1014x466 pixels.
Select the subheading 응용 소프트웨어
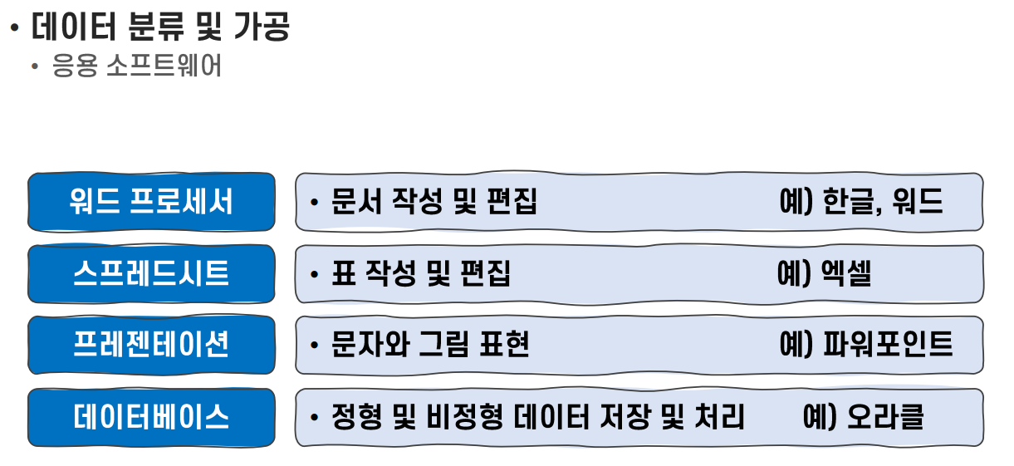pyautogui.click(x=137, y=66)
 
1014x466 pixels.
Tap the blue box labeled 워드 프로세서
pyautogui.click(x=151, y=202)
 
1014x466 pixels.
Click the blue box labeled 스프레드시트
pyautogui.click(x=151, y=273)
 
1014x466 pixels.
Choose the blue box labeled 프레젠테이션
pyautogui.click(x=151, y=345)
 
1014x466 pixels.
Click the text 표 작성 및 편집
pyautogui.click(x=420, y=273)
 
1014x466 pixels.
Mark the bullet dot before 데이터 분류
pyautogui.click(x=13, y=28)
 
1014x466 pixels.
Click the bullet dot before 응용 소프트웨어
pyautogui.click(x=34, y=66)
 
